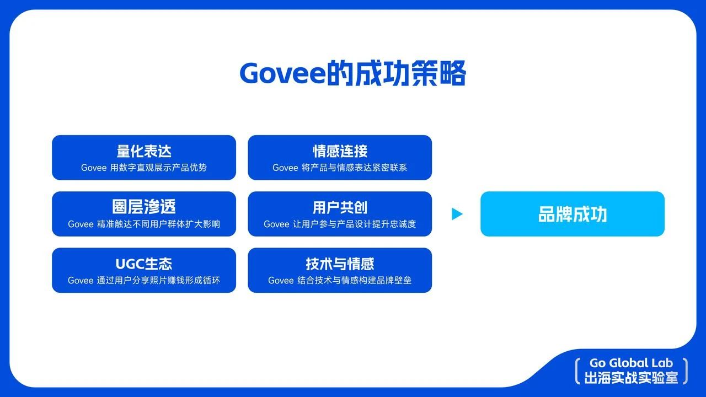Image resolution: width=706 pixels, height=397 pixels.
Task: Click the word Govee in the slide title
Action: tap(282, 73)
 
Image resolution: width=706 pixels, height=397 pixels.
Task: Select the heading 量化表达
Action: tap(144, 151)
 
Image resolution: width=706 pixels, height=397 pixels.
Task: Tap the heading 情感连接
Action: tap(340, 151)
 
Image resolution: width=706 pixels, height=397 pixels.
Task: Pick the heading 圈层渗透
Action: tap(144, 207)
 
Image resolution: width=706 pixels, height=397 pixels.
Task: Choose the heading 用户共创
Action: tap(340, 207)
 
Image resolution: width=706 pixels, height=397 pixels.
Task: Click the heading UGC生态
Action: tap(144, 264)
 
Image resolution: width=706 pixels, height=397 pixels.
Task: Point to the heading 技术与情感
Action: tap(340, 264)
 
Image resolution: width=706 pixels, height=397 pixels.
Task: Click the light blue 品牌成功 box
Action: tap(572, 214)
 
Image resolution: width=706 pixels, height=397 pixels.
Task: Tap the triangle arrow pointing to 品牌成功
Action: tap(457, 214)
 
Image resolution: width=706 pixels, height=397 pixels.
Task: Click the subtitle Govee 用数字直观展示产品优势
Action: tap(144, 168)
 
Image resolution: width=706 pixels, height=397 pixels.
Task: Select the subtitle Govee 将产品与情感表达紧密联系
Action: tap(340, 168)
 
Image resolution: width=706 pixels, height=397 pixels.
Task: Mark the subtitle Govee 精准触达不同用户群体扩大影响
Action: tap(144, 224)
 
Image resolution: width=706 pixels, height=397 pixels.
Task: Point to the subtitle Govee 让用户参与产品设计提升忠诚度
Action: tap(340, 224)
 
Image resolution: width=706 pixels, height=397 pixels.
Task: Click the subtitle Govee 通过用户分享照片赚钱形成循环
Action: tap(144, 280)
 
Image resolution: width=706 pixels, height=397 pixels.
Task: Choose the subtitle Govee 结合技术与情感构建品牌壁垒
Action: tap(340, 280)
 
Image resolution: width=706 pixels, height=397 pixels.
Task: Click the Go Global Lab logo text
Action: tap(631, 363)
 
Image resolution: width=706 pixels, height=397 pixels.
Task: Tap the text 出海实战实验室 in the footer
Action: tap(631, 378)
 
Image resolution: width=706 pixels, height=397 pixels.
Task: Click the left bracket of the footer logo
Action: tap(577, 371)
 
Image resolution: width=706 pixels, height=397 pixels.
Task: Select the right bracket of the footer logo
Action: tap(685, 371)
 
